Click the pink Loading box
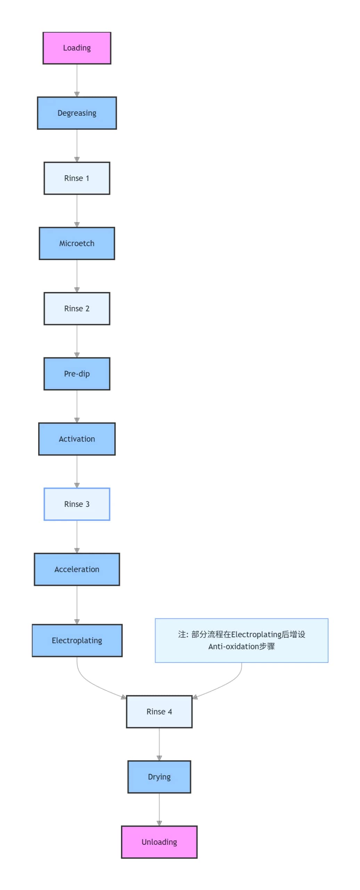pos(77,48)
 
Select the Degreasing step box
pos(77,113)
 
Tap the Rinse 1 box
pos(77,178)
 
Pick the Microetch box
pos(77,243)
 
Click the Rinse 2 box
pos(77,308)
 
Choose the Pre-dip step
pos(77,374)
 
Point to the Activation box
pos(77,439)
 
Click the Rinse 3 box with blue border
pos(77,504)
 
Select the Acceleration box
pos(77,569)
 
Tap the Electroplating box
pos(77,640)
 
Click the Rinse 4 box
pos(159,712)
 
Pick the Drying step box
pos(159,777)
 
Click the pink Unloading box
pos(159,842)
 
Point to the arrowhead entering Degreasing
pos(77,94)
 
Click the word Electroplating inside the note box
pos(256,634)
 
